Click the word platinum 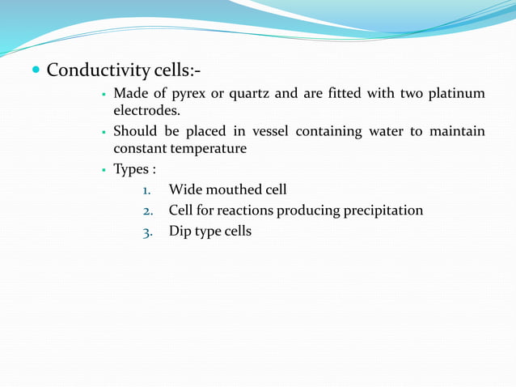coord(456,94)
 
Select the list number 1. coord(146,191)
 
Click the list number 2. coord(147,211)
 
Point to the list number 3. coord(147,232)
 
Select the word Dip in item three coord(180,232)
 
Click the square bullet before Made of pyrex coord(105,95)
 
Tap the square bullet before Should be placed coord(105,132)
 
